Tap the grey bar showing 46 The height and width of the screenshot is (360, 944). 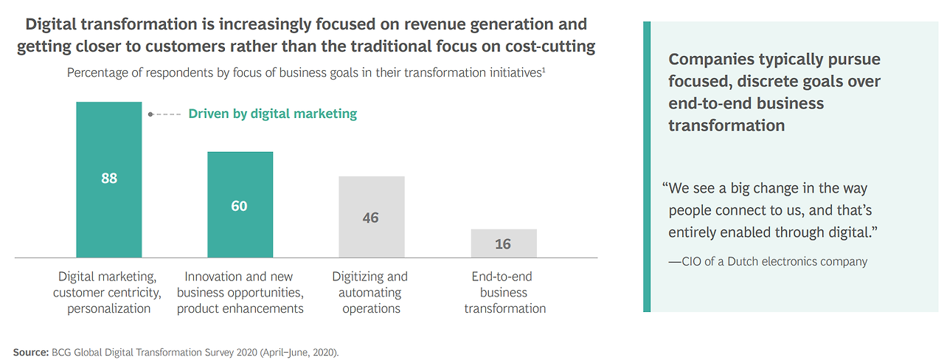tap(371, 236)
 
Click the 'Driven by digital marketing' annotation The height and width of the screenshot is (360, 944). tap(272, 114)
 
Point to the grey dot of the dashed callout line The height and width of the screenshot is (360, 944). tap(150, 114)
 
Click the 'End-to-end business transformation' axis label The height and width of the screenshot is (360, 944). tap(505, 292)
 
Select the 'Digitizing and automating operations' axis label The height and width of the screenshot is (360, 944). tap(371, 292)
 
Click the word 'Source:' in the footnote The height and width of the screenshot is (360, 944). tap(29, 352)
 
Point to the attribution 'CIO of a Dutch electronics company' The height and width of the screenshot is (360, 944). tap(768, 261)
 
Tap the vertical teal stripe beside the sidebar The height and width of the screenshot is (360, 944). tap(647, 166)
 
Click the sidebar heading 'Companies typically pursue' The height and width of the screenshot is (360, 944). tap(774, 60)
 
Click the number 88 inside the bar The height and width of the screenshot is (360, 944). tap(109, 179)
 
